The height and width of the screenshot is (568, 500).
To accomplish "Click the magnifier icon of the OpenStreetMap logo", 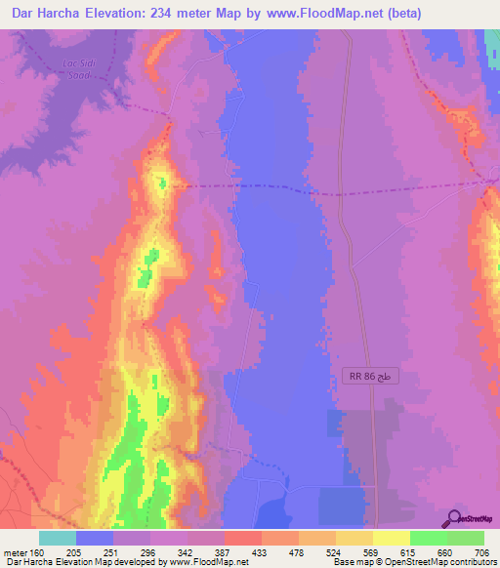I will pos(453,518).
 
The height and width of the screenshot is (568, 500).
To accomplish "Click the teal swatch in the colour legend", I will pos(58,538).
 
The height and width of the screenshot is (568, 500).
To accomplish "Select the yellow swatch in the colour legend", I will pos(391,538).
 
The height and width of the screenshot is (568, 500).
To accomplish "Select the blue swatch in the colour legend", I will pos(95,538).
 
